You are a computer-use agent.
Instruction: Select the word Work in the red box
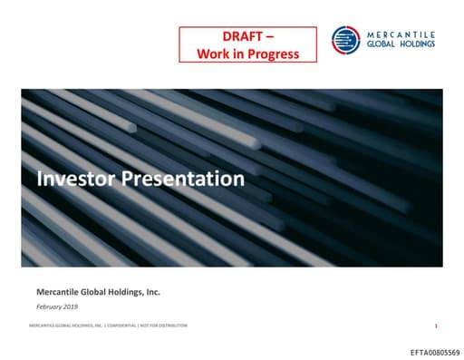click(x=212, y=53)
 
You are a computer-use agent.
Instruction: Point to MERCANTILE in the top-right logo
click(x=400, y=32)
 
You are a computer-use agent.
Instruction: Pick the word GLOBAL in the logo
click(x=382, y=43)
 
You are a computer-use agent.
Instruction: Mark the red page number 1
click(x=436, y=325)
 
